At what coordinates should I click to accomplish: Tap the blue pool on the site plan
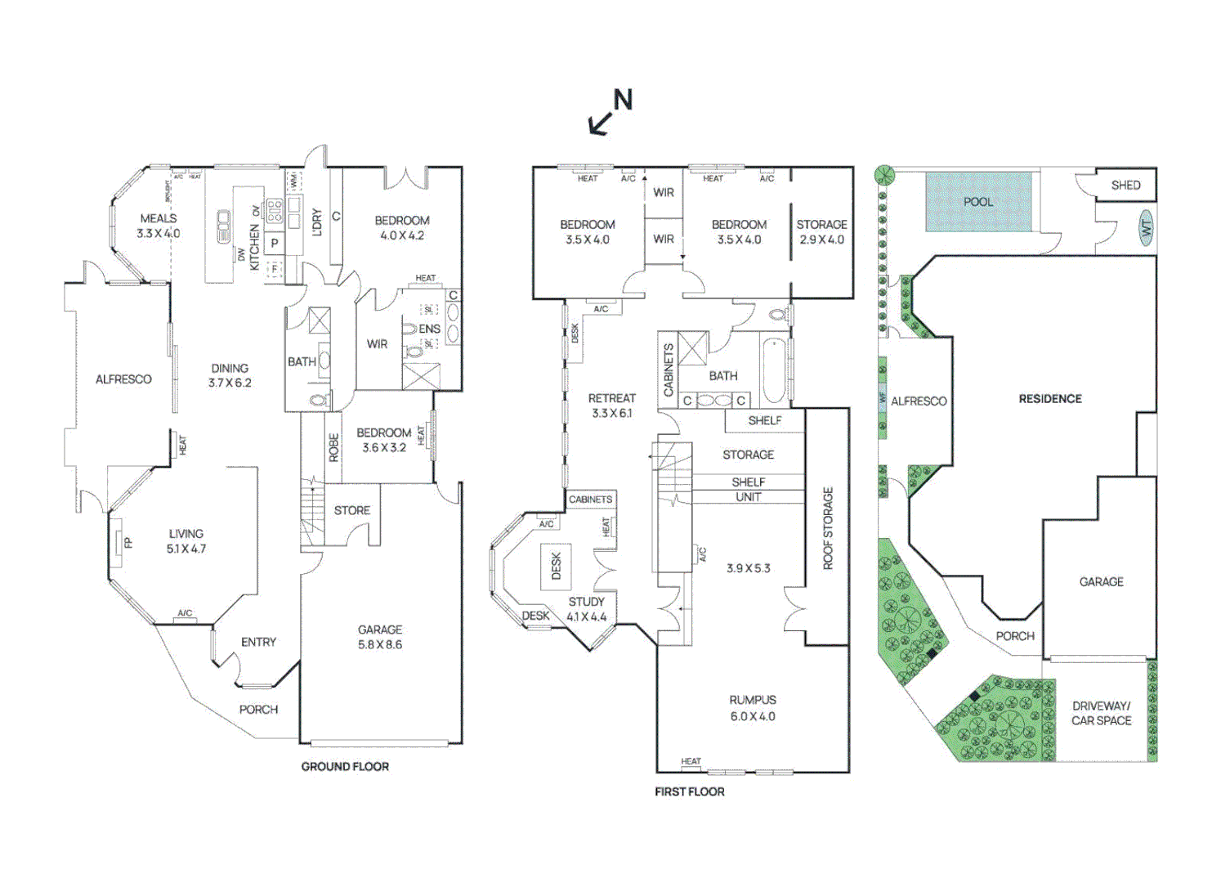[978, 202]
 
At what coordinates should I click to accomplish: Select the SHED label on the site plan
[1125, 186]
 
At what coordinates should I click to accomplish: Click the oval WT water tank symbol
[1146, 227]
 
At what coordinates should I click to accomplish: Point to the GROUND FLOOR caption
[345, 766]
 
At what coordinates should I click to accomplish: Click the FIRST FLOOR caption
[689, 791]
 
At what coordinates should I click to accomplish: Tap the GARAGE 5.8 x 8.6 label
[380, 637]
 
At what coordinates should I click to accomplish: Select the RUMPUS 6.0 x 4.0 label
[753, 708]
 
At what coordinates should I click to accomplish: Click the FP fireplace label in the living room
[128, 542]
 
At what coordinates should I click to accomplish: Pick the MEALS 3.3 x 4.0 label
[159, 226]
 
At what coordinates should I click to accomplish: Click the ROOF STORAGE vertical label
[828, 528]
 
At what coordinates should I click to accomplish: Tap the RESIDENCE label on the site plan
[1050, 399]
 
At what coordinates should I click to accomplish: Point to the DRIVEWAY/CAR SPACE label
[1101, 713]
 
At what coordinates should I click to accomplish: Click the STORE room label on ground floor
[352, 510]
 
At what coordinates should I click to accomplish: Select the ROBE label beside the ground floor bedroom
[333, 448]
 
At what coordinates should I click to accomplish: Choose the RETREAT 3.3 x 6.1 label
[612, 406]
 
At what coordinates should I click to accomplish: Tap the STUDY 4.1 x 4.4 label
[587, 609]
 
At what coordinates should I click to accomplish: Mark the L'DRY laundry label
[317, 222]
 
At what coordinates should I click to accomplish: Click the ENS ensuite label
[429, 329]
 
